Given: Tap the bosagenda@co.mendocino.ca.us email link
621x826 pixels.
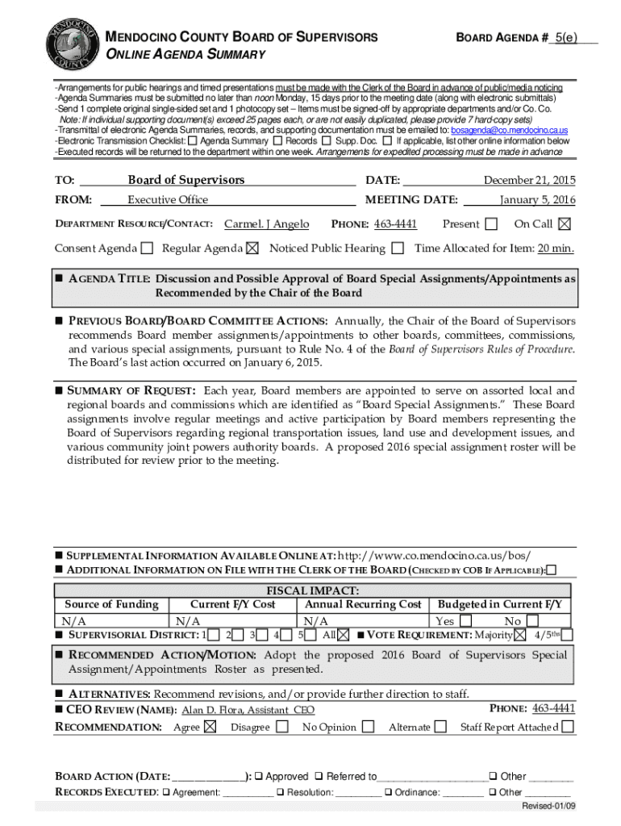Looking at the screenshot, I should coord(510,130).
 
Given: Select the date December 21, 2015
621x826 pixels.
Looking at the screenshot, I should coord(529,180).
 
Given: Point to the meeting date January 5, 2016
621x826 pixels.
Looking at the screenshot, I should coord(537,200).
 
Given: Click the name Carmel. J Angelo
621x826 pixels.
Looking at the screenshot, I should coord(266,223).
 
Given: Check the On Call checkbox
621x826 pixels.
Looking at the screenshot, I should coord(564,223).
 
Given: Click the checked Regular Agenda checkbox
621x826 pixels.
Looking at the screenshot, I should coord(252,248).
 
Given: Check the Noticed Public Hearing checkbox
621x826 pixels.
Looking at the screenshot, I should coord(397,248).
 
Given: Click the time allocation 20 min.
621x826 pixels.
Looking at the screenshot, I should coord(556,248).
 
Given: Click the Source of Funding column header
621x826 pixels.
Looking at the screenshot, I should coord(111,604).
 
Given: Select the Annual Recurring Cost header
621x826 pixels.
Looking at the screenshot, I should coord(363,604).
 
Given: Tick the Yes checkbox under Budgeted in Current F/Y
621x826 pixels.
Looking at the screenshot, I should coord(465,621).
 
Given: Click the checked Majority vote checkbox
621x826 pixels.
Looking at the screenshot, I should coord(519,635).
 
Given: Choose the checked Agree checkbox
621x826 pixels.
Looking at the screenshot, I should coord(210,727).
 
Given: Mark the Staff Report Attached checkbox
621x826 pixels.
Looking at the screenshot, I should coord(569,727).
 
